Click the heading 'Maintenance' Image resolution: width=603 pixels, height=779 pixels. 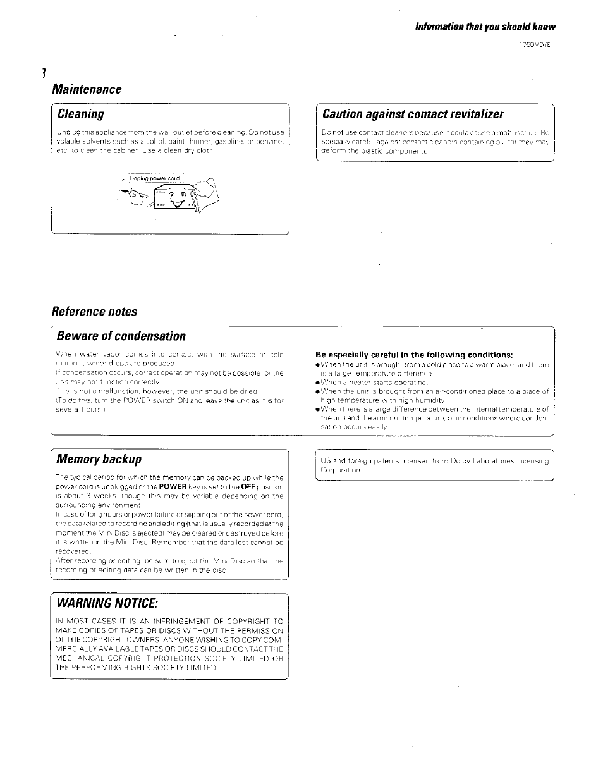click(87, 89)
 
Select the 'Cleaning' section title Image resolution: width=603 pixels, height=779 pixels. click(80, 114)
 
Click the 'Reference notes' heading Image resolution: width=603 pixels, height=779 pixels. click(94, 311)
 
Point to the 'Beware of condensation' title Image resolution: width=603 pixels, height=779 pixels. click(121, 336)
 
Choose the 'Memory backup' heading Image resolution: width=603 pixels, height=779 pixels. click(99, 458)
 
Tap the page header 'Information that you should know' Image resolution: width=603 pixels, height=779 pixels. click(485, 27)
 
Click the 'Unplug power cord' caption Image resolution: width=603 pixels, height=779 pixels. click(154, 179)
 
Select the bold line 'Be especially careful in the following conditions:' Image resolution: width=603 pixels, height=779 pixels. click(413, 354)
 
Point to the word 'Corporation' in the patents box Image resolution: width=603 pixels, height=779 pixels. click(341, 470)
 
